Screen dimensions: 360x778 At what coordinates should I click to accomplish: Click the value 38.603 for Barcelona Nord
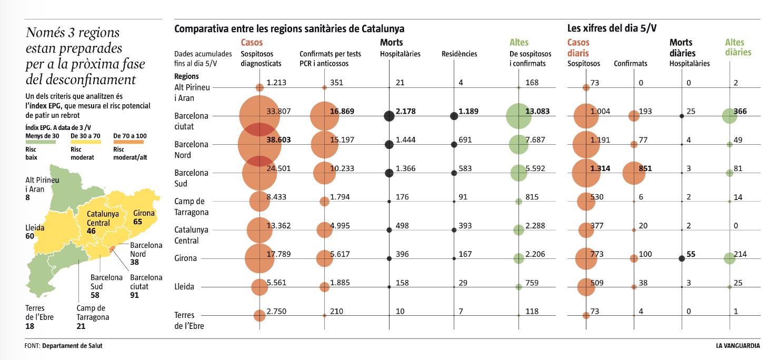[x=279, y=140]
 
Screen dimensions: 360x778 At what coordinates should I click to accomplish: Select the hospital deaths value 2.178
[x=406, y=112]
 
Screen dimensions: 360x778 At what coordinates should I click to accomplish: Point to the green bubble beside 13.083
[x=520, y=116]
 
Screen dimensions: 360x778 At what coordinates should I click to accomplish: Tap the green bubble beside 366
[x=729, y=116]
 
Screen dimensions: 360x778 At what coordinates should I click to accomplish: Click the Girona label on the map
[x=144, y=213]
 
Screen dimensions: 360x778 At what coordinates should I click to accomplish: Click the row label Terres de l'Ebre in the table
[x=189, y=320]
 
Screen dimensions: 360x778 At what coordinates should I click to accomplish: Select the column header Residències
[x=459, y=54]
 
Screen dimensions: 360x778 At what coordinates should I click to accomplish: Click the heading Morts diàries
[x=682, y=47]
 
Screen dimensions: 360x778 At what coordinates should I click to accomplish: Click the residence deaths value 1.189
[x=468, y=112]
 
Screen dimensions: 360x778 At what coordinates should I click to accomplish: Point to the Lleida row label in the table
[x=184, y=287]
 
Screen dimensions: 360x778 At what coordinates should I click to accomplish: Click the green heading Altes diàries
[x=738, y=47]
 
